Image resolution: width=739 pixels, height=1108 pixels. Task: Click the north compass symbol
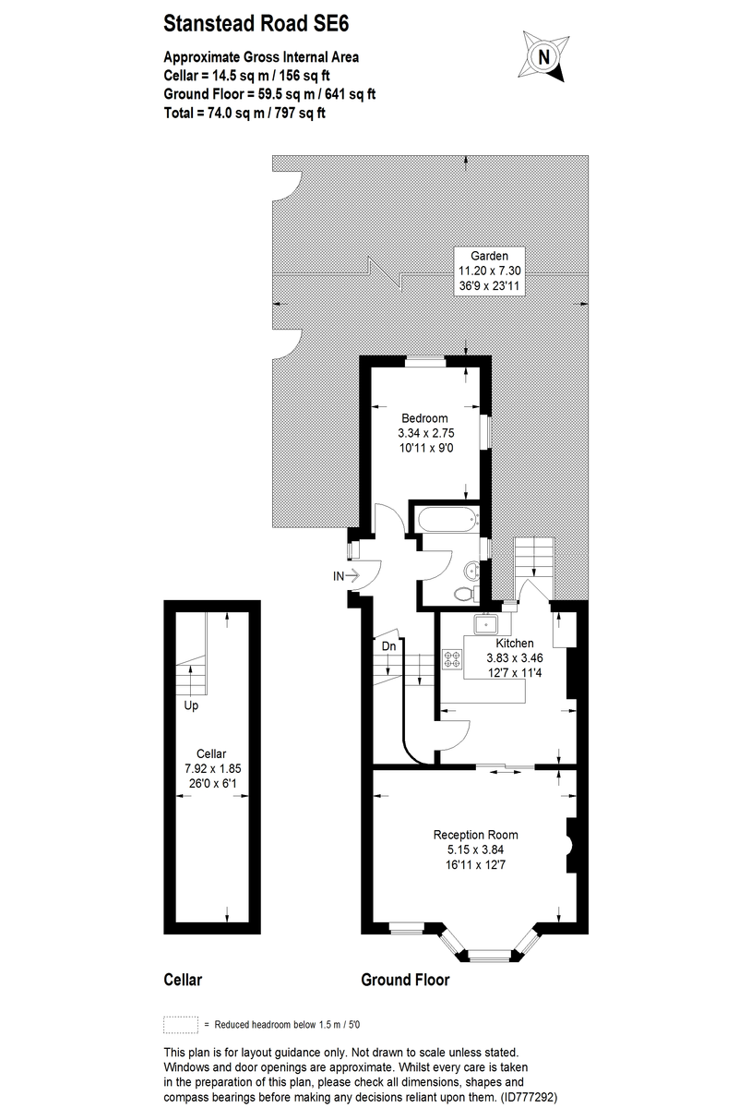tap(544, 55)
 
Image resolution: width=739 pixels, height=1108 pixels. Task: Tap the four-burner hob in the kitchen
tap(453, 659)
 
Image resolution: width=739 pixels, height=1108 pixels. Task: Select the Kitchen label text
tap(515, 643)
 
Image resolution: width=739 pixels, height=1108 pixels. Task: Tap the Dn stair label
tap(389, 646)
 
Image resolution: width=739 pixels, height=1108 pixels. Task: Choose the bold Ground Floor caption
tap(405, 980)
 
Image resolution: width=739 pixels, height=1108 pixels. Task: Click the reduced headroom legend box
tap(181, 1024)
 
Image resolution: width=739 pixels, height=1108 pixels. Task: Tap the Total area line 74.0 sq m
tap(244, 113)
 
